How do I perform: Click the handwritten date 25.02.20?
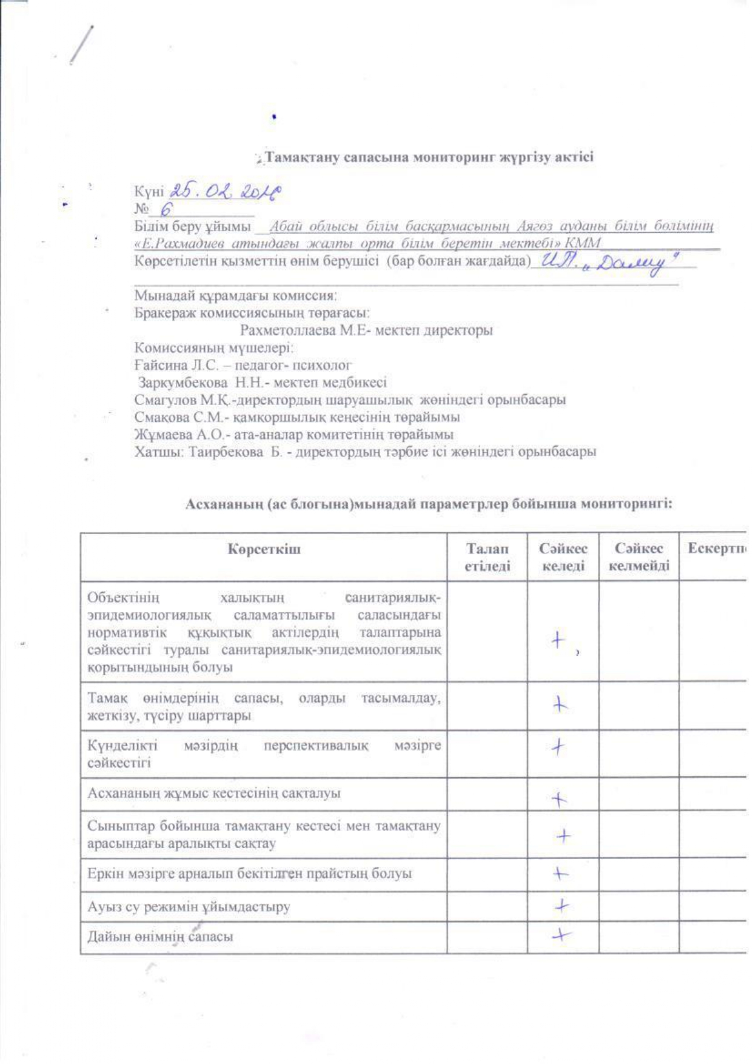[x=226, y=192]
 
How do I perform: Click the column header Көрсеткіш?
[x=264, y=549]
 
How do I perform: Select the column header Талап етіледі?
[x=487, y=557]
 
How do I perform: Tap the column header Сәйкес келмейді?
[x=638, y=557]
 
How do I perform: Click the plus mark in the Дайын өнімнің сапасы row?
[x=561, y=935]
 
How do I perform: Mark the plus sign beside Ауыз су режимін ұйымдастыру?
[x=562, y=906]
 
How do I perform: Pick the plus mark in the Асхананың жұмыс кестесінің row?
[x=559, y=800]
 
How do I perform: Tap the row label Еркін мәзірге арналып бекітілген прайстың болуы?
[x=249, y=874]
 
